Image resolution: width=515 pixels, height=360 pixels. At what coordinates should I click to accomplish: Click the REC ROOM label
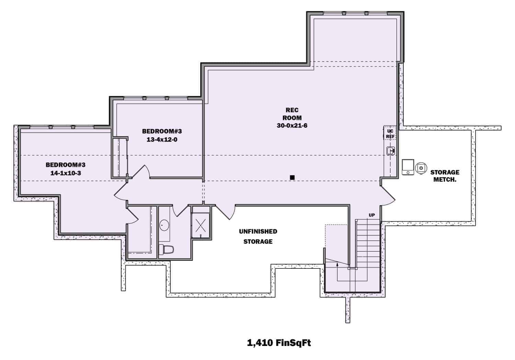click(292, 114)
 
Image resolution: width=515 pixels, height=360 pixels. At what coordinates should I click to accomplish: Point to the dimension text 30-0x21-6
click(292, 126)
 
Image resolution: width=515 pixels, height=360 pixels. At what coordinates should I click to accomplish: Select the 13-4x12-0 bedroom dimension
click(162, 140)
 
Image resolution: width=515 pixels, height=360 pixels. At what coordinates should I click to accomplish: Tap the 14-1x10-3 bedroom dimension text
click(66, 173)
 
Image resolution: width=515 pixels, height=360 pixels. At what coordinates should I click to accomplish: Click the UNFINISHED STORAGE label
click(258, 236)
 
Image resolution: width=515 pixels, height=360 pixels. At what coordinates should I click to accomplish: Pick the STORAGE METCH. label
click(445, 176)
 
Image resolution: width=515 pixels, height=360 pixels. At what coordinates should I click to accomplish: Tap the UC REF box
click(390, 134)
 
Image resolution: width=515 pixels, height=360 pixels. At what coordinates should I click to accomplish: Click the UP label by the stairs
click(372, 215)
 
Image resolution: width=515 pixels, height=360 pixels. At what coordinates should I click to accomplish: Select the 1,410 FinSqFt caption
click(279, 342)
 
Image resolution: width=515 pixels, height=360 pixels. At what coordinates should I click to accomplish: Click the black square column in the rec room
click(292, 177)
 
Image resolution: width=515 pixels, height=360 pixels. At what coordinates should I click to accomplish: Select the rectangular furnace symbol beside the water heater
click(408, 167)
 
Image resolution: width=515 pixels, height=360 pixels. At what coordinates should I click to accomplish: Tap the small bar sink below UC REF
click(391, 151)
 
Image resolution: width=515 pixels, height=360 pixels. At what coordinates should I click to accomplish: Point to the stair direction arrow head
click(337, 264)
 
